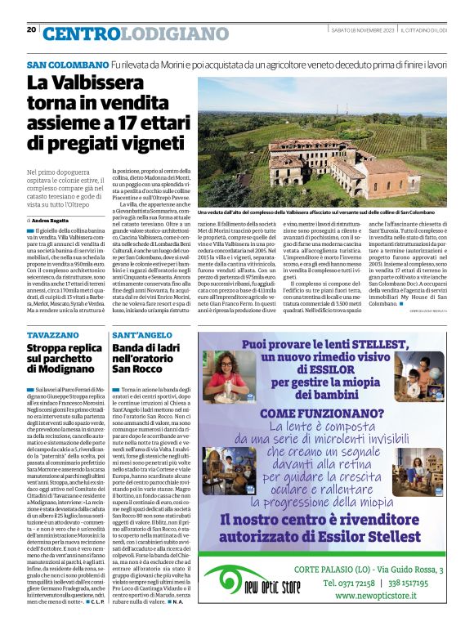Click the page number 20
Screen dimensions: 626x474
coord(31,29)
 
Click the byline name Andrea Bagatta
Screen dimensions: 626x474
coord(56,221)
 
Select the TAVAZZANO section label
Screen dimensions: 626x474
coord(54,336)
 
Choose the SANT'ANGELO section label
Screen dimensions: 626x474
coord(142,336)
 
